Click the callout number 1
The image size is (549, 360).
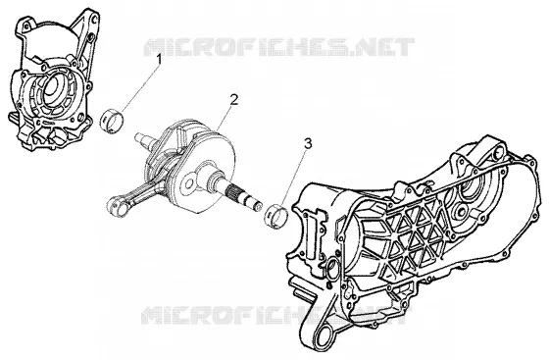(159, 59)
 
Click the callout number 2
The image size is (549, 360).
(234, 99)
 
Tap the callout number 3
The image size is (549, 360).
(308, 143)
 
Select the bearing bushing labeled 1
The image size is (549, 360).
(112, 122)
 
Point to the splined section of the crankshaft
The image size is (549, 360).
(233, 192)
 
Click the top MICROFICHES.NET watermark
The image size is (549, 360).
(279, 47)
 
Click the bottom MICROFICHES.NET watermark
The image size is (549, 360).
(274, 315)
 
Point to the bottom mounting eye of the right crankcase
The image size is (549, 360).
(328, 334)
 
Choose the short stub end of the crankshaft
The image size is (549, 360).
(144, 138)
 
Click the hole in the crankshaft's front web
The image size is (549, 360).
(188, 183)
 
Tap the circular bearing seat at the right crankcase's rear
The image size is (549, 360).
(472, 190)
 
